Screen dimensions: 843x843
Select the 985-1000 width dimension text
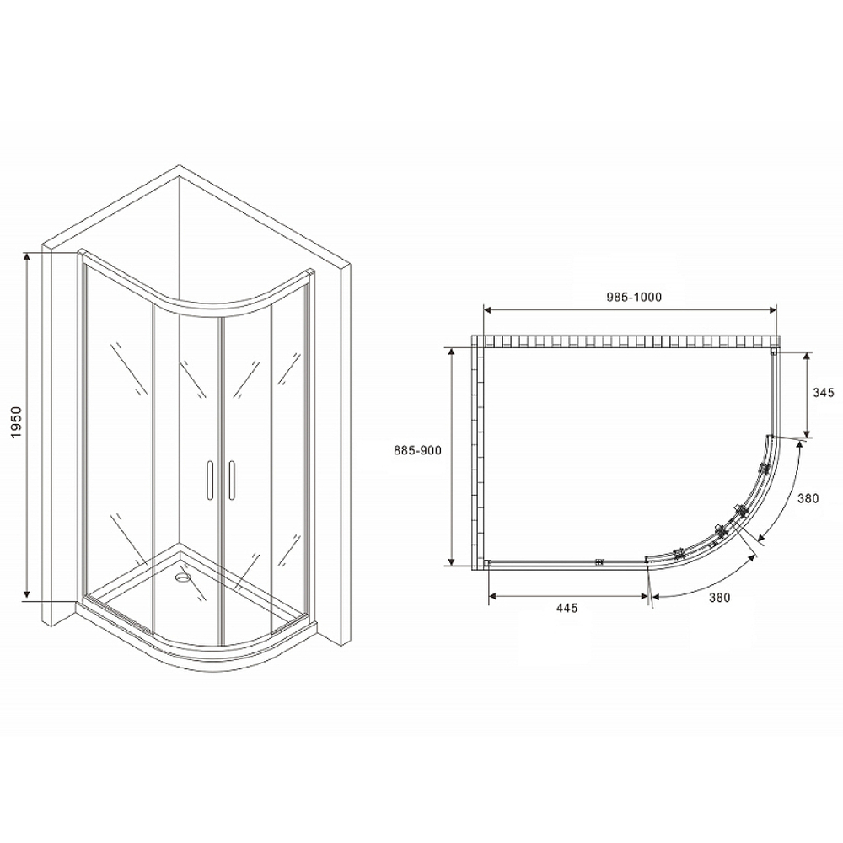(x=631, y=297)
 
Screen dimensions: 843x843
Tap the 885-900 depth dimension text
(x=418, y=451)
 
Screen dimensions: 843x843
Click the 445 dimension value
(x=566, y=609)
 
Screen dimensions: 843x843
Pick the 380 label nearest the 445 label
(x=718, y=598)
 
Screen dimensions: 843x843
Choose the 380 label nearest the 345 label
(x=808, y=498)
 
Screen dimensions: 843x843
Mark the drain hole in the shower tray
(x=182, y=579)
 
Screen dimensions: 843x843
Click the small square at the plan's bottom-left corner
(x=487, y=563)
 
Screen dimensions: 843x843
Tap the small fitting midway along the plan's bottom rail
(x=599, y=561)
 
